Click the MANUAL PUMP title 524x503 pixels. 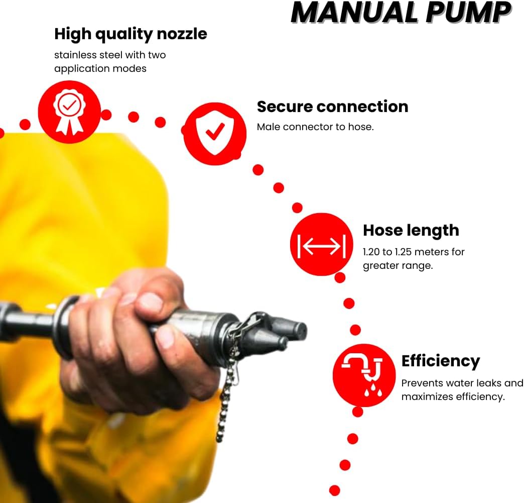[x=401, y=13]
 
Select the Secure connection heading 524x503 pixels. [x=332, y=107]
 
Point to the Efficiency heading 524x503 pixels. [x=441, y=361]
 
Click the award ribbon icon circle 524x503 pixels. [x=69, y=112]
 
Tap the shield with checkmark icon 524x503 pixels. [x=215, y=134]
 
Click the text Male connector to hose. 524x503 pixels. [x=315, y=127]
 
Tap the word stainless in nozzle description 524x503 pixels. [x=75, y=55]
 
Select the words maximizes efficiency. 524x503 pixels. [x=453, y=397]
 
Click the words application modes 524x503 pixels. [x=100, y=69]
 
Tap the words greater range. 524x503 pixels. [x=398, y=266]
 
